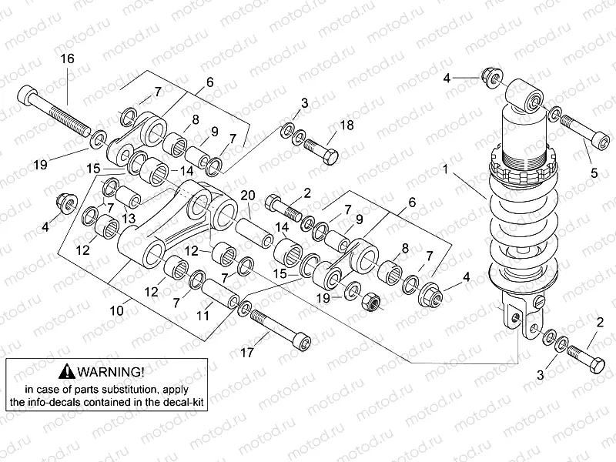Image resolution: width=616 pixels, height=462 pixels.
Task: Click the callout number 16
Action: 67,59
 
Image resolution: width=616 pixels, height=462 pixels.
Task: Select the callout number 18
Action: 347,126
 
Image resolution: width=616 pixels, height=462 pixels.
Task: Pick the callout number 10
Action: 115,310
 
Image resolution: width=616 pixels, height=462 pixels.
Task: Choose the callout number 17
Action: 247,353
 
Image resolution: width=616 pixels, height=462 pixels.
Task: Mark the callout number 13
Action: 127,219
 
